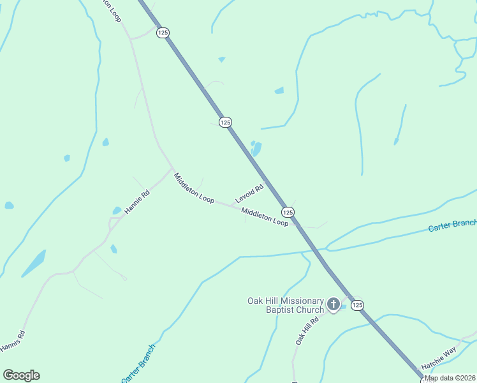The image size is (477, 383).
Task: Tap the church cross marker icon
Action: pos(333,305)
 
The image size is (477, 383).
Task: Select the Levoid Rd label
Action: pos(249,194)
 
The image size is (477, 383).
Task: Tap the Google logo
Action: pos(21,375)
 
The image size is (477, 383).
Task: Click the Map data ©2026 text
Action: pos(450,378)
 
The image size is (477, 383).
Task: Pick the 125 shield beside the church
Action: pos(357,305)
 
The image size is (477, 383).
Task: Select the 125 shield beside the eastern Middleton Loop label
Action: pos(288,211)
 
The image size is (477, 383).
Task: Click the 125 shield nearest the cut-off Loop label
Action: pos(163,33)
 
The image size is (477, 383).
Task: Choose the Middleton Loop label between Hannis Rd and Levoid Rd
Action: pos(194,188)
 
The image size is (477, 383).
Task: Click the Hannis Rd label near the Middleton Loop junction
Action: pos(136,201)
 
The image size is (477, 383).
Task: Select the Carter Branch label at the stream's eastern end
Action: pos(452,225)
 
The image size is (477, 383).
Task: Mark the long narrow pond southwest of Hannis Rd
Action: pos(34,263)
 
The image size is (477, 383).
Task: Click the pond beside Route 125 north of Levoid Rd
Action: pos(256,149)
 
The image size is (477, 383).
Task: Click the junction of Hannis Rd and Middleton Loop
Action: pos(173,169)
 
